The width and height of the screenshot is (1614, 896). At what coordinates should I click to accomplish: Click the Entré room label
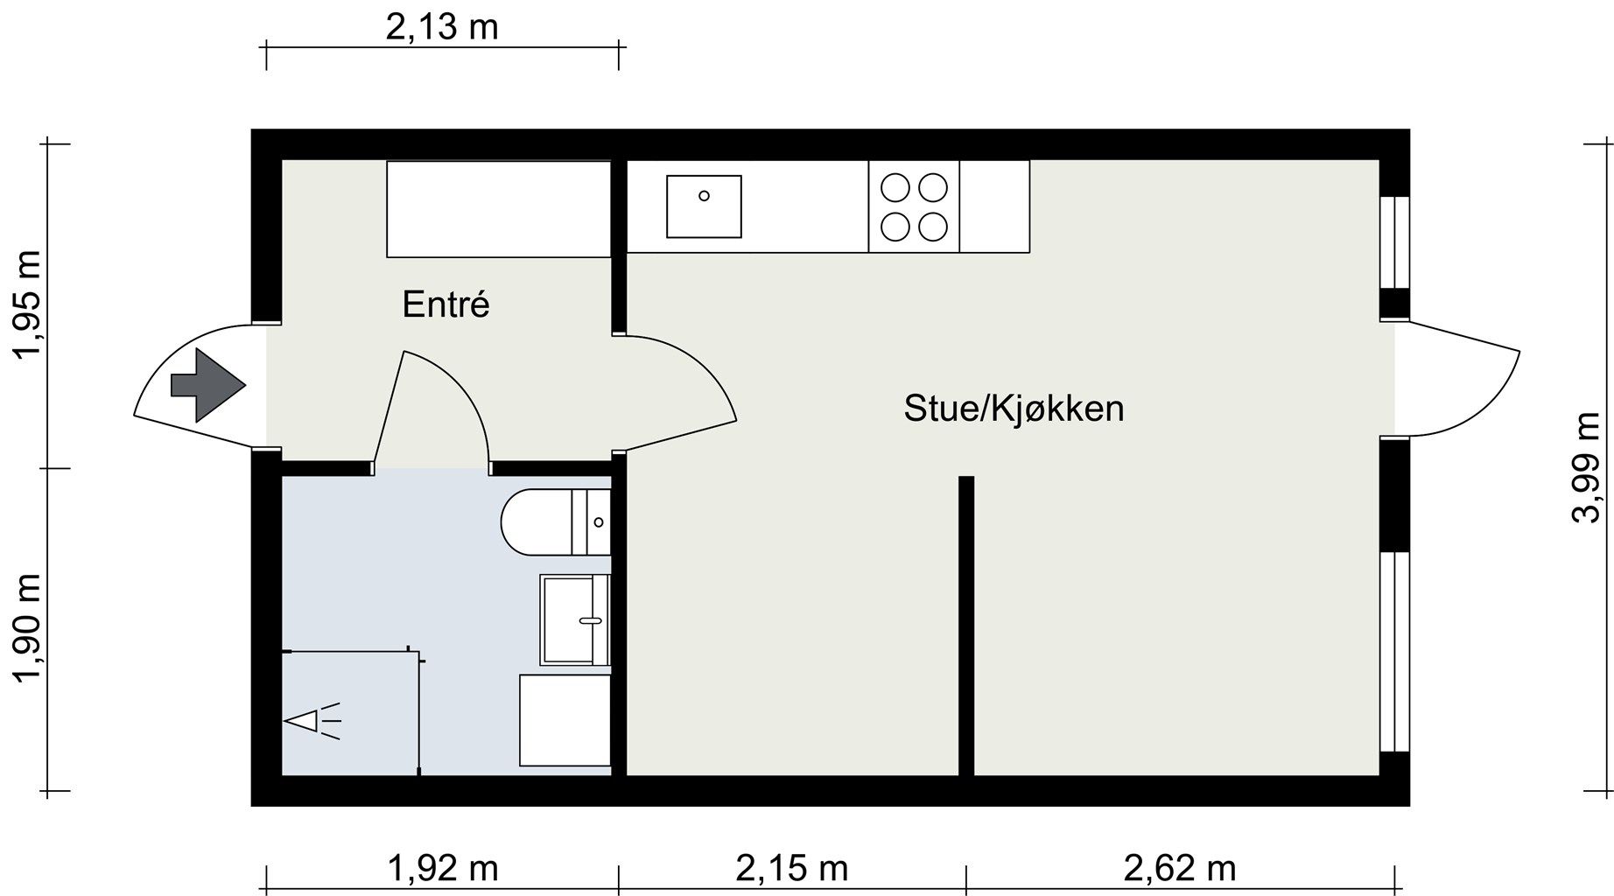(446, 304)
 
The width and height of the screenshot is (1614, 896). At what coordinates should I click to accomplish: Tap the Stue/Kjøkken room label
(1014, 409)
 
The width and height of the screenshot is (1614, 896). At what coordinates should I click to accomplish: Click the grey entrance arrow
(207, 385)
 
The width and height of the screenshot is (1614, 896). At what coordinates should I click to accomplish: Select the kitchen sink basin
(704, 206)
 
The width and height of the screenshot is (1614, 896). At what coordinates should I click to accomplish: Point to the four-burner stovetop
(914, 206)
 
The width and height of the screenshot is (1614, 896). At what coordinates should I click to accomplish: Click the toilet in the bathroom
(555, 522)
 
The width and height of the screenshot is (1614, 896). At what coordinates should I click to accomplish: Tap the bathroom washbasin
(574, 619)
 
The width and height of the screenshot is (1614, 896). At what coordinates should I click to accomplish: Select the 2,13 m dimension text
(442, 27)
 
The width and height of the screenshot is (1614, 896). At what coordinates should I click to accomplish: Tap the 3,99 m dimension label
(1586, 467)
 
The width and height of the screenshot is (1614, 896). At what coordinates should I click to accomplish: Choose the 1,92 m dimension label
(442, 868)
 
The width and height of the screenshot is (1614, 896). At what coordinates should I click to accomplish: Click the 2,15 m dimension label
(792, 868)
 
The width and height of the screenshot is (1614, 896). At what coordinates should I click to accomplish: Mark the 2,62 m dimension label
(1180, 868)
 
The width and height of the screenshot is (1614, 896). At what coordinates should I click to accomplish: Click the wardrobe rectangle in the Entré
(499, 209)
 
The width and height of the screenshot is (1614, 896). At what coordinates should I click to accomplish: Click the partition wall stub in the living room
(966, 626)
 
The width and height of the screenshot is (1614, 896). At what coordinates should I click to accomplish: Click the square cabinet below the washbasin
(565, 720)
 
